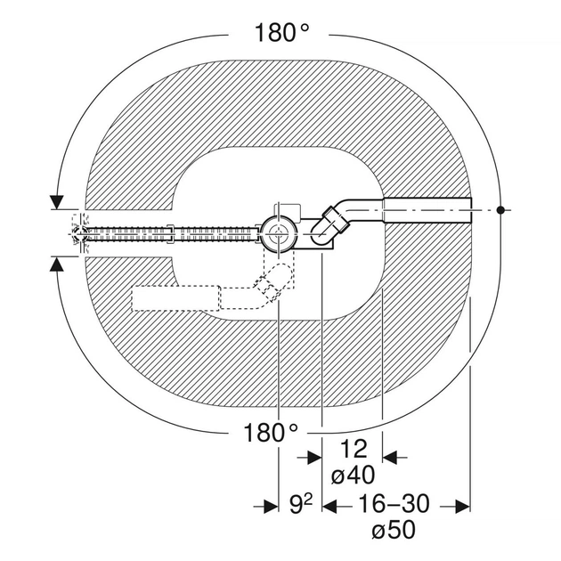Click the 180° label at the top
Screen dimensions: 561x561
281,33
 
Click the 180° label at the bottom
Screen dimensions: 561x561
271,433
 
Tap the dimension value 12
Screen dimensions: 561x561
354,449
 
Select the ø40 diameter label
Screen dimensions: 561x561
353,476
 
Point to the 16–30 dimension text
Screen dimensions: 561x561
394,503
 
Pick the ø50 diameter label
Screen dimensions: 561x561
394,530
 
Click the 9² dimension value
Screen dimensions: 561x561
301,505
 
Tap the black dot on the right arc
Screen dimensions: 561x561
500,210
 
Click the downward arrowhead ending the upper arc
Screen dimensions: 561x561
57,202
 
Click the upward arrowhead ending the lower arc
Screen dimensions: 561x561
57,264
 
